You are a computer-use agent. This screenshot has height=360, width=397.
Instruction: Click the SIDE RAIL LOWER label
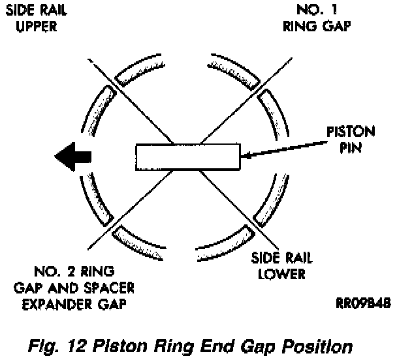[x=281, y=265]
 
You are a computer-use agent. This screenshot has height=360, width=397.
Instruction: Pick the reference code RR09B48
[x=363, y=303]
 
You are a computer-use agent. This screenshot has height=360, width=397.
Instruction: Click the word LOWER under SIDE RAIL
[x=282, y=274]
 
